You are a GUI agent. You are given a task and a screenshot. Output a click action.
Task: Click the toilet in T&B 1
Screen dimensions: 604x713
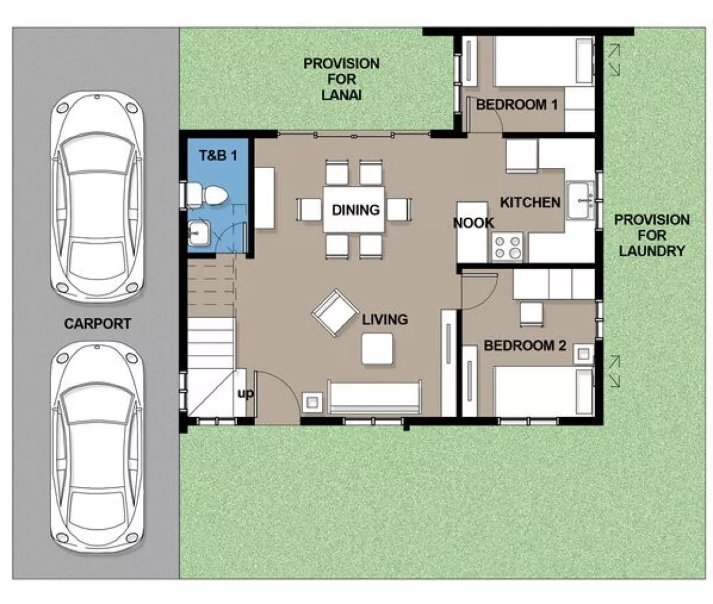(207, 195)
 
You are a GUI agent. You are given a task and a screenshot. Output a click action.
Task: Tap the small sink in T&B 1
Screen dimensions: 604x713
(199, 234)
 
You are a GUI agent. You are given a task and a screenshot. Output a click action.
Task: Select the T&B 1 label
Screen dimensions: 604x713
(218, 155)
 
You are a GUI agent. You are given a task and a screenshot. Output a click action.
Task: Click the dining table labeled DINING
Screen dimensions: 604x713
(354, 209)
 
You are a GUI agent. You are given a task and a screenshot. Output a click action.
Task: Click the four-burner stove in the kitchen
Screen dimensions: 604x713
(507, 247)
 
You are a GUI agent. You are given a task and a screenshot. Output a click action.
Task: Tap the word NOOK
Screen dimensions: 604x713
(473, 223)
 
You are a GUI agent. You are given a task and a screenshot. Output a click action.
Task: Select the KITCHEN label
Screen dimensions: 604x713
(530, 202)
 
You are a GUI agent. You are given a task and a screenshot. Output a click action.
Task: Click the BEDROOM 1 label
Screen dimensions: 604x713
(517, 105)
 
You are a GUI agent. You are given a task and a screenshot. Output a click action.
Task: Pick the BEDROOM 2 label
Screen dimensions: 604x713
(525, 346)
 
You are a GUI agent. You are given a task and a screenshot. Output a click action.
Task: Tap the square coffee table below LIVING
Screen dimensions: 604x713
(378, 349)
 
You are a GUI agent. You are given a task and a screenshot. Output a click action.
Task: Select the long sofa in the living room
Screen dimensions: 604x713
(374, 396)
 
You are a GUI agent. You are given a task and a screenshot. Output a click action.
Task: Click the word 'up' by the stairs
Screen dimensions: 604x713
(245, 394)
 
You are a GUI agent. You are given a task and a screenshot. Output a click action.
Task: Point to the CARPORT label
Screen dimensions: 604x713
(97, 324)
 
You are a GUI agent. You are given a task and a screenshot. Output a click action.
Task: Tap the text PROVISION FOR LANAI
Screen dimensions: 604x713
(341, 79)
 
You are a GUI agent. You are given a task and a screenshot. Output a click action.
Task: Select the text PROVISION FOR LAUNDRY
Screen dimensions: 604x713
(651, 235)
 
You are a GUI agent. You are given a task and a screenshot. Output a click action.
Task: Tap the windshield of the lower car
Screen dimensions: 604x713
(97, 405)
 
